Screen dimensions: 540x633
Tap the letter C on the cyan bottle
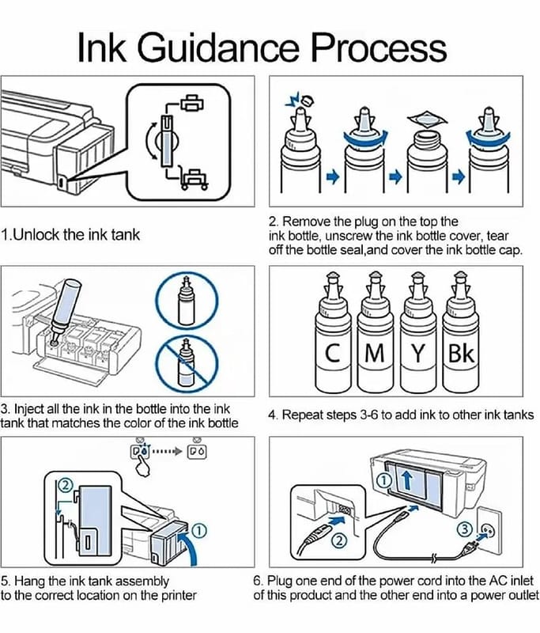point(333,353)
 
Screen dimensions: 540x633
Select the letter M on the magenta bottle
point(374,353)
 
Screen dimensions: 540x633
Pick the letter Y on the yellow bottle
point(418,353)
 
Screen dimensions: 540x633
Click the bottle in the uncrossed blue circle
point(186,299)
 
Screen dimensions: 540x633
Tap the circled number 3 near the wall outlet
point(465,529)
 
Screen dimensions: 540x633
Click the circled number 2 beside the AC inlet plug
point(339,540)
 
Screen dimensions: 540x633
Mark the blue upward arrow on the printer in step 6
point(407,480)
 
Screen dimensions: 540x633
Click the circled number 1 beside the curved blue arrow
point(198,531)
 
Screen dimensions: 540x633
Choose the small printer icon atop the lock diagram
point(192,103)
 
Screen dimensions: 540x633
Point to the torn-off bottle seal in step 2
point(427,119)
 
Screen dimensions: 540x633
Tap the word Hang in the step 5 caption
point(29,582)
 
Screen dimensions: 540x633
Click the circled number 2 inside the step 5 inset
point(66,485)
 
